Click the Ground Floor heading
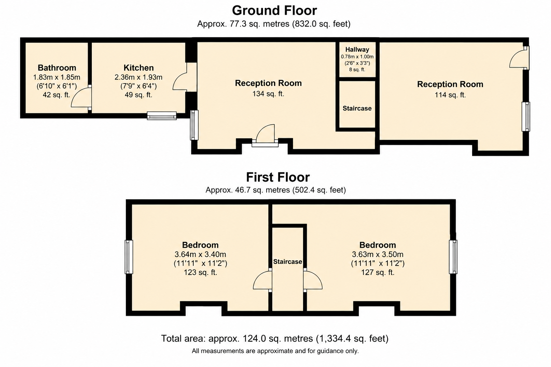[274, 10]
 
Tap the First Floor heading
[278, 177]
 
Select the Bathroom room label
[57, 68]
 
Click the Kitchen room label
[138, 68]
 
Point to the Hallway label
[357, 50]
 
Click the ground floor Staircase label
[357, 108]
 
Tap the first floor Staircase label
[288, 262]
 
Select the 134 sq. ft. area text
[268, 94]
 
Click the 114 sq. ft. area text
[450, 95]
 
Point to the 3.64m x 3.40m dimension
[200, 254]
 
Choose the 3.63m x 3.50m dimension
[378, 254]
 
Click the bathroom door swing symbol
[81, 97]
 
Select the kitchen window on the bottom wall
[162, 115]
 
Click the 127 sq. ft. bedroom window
[453, 257]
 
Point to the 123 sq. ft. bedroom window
[129, 257]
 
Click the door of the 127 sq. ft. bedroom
[313, 280]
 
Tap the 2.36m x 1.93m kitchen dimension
[138, 77]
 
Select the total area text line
[274, 338]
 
